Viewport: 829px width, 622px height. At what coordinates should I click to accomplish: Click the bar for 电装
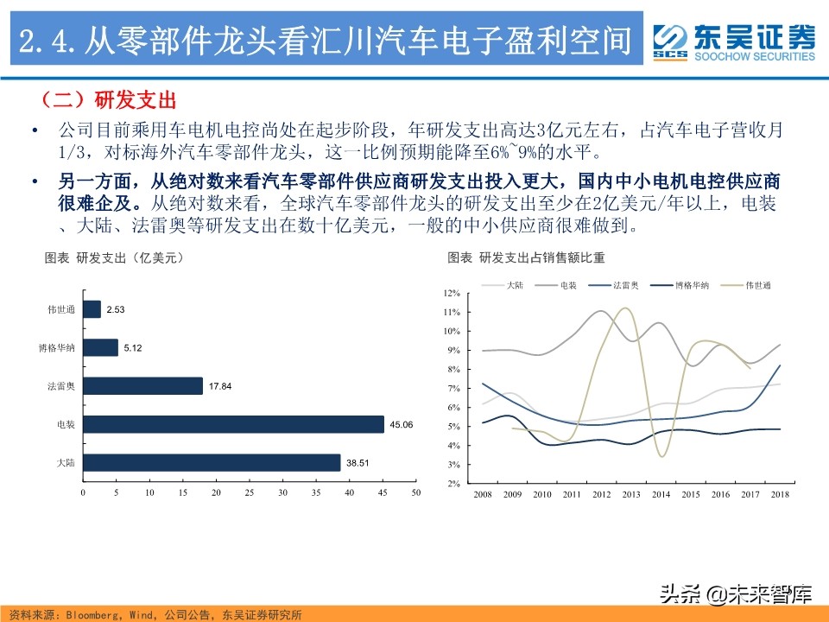(x=233, y=424)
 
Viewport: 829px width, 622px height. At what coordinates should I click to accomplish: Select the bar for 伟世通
(x=92, y=309)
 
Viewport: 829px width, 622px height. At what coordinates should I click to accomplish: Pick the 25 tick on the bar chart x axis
(x=249, y=492)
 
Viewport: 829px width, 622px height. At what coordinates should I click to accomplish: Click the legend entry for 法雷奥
(x=624, y=284)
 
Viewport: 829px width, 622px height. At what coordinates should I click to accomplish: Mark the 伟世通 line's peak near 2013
(x=626, y=308)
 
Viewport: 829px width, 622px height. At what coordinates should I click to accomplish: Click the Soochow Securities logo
(x=733, y=41)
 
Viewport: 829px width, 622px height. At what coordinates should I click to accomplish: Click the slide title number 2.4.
(x=48, y=40)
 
